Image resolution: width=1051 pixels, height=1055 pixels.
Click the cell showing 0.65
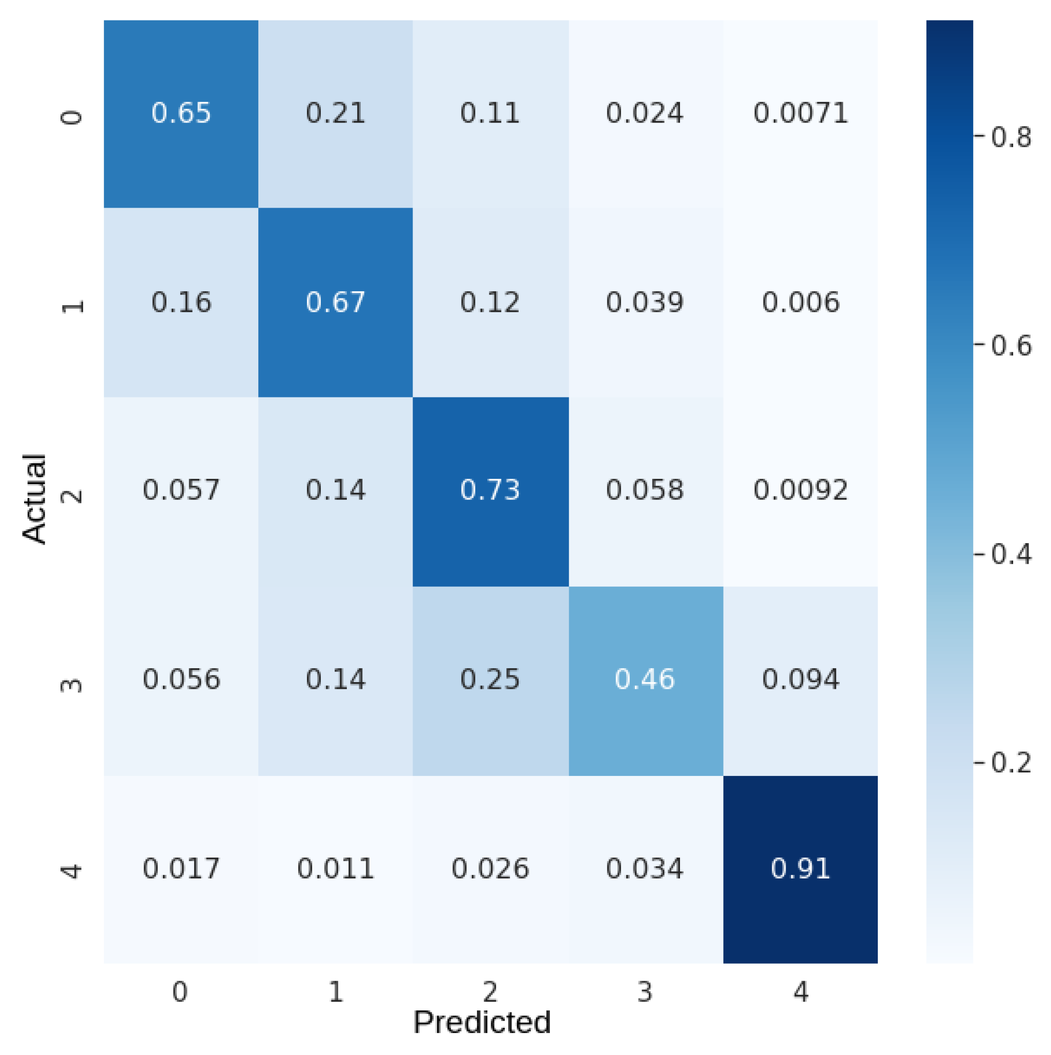point(180,113)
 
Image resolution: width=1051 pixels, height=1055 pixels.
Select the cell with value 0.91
point(800,868)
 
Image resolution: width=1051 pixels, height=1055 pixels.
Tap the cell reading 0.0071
point(800,113)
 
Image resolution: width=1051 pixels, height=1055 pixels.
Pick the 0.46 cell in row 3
point(645,679)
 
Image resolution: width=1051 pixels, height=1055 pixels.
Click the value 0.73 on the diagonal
point(489,490)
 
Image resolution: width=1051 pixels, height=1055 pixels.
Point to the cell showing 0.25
point(489,679)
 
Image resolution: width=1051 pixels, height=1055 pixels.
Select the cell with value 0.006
point(800,302)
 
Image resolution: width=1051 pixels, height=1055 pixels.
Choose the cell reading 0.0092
point(800,490)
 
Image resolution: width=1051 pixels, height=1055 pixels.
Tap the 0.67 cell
point(335,302)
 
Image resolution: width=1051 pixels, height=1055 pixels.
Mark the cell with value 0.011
point(335,868)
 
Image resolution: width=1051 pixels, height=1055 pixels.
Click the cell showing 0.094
point(800,679)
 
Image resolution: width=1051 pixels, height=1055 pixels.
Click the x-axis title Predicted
point(481,1022)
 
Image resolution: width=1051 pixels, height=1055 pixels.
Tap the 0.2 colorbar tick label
point(1010,762)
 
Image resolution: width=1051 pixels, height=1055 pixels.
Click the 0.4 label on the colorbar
point(1010,554)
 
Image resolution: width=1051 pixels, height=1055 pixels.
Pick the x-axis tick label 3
point(645,991)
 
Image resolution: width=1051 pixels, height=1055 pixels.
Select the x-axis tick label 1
point(336,991)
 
